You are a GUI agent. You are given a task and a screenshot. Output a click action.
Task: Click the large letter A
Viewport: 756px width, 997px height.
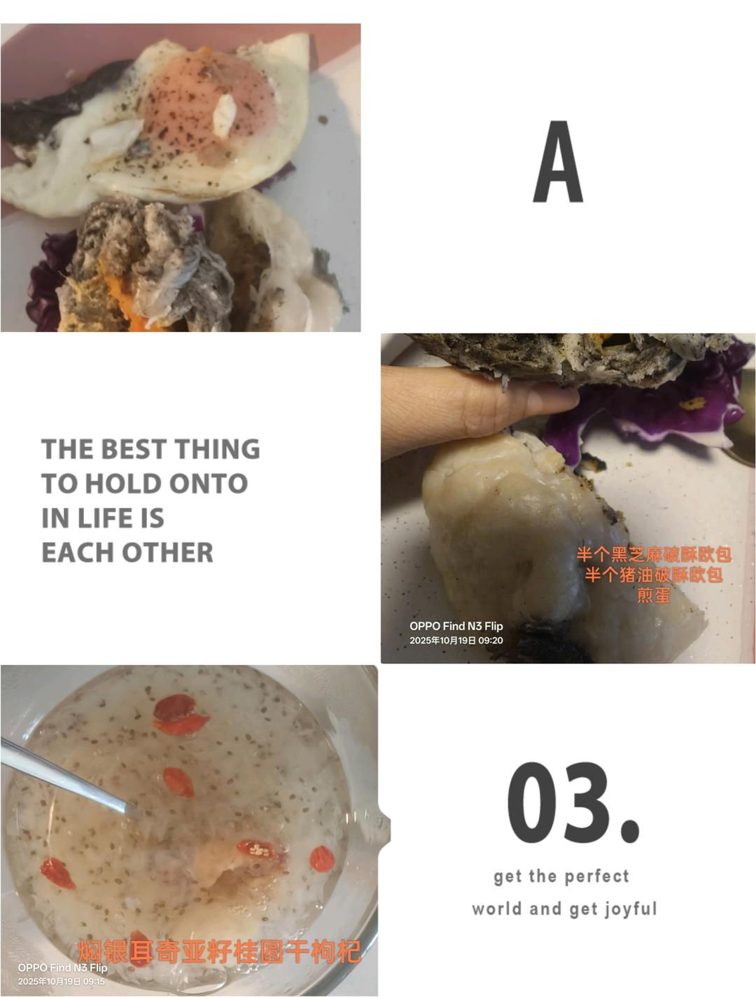(x=558, y=161)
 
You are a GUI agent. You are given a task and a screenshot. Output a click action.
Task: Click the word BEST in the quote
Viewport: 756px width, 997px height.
(x=134, y=449)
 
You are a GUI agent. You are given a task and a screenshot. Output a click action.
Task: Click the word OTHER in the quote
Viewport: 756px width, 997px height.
(x=168, y=552)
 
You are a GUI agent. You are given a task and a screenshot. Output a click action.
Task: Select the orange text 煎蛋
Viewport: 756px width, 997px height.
(x=653, y=595)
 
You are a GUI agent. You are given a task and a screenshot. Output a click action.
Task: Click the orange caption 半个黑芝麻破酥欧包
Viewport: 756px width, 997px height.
(x=653, y=555)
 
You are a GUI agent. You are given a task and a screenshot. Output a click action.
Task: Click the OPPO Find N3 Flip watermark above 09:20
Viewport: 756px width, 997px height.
(x=456, y=626)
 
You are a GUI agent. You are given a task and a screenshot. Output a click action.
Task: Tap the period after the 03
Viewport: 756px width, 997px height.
(x=630, y=832)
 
